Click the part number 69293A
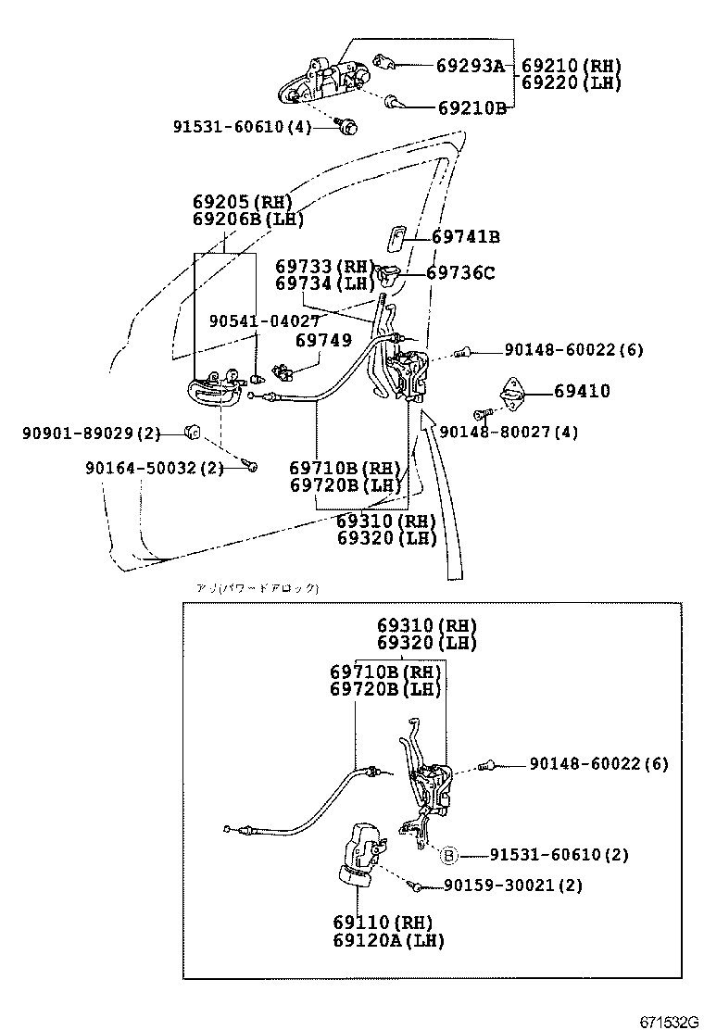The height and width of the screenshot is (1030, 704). (x=471, y=66)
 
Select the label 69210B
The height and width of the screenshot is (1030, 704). (x=471, y=107)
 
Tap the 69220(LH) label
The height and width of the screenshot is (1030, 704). (x=571, y=82)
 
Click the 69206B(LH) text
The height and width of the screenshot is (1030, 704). (x=248, y=220)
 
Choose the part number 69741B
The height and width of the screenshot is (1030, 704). (x=465, y=237)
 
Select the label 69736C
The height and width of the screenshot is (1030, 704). (x=460, y=273)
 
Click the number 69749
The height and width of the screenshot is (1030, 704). (x=323, y=341)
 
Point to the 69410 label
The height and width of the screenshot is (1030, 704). (x=582, y=392)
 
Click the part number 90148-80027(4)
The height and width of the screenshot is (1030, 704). (x=509, y=432)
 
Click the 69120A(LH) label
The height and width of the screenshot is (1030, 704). (x=389, y=940)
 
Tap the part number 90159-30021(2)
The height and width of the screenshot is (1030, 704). (x=513, y=886)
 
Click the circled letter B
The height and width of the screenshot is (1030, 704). (x=447, y=855)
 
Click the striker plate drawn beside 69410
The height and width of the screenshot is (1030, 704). (x=511, y=393)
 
